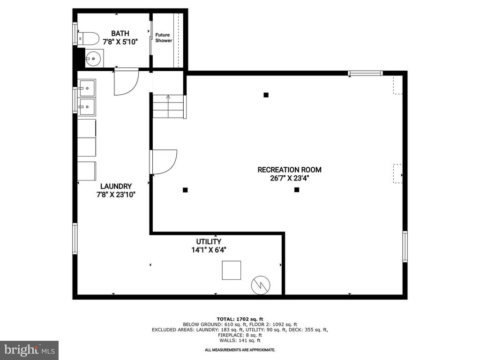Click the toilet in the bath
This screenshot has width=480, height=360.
click(x=88, y=39)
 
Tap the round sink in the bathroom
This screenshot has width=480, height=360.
click(x=93, y=59)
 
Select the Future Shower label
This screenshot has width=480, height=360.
click(x=164, y=37)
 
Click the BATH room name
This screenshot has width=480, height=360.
click(x=120, y=33)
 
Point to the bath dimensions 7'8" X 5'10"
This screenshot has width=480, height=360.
click(x=120, y=42)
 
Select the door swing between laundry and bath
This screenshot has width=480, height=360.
click(x=126, y=82)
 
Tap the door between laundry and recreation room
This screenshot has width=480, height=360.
click(x=164, y=162)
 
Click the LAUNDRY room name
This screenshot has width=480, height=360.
click(x=116, y=186)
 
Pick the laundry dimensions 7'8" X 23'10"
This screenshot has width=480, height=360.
click(x=116, y=195)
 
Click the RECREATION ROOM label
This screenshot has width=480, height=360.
click(x=289, y=170)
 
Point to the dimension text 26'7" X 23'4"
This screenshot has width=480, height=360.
click(x=289, y=178)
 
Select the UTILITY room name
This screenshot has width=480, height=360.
click(x=209, y=241)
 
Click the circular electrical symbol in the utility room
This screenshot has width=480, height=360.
click(x=261, y=285)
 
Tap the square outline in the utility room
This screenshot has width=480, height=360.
click(x=232, y=270)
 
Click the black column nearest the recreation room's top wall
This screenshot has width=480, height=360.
click(x=266, y=95)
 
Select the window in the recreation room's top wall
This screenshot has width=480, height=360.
click(x=365, y=73)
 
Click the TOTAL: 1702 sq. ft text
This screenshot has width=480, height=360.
click(x=240, y=319)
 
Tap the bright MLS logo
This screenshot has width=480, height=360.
click(x=30, y=350)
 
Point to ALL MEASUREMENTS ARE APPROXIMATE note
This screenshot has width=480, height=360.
click(x=240, y=350)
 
